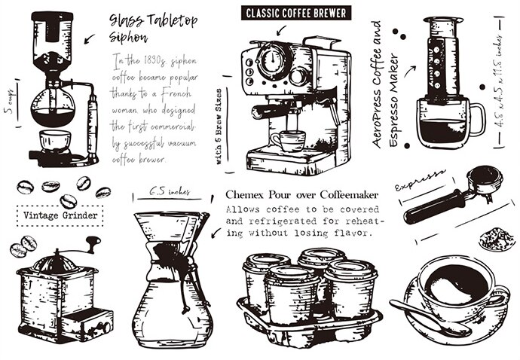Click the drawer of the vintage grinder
pyautogui.click(x=88, y=328)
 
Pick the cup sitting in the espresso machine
pyautogui.click(x=289, y=142)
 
